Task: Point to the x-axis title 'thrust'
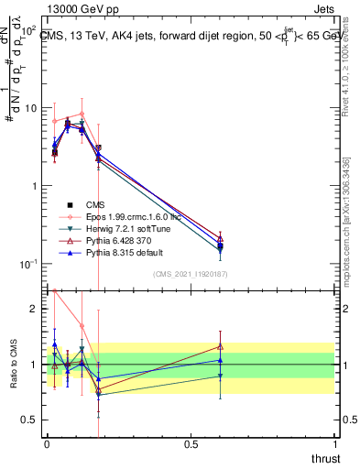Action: tap(325, 458)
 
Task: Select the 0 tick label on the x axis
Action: tap(46, 444)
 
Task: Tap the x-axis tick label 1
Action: tap(335, 444)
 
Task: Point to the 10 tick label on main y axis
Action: tap(31, 108)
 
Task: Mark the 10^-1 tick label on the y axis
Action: tap(29, 264)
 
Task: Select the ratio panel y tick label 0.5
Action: tap(31, 420)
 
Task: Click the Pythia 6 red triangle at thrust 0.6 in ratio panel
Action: tap(220, 346)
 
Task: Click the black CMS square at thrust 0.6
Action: tap(220, 245)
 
